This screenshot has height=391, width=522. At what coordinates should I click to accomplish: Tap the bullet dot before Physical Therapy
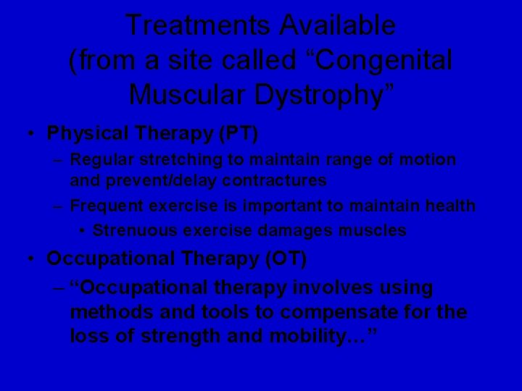tap(26, 134)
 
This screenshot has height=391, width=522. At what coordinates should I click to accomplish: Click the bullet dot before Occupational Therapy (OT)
tap(26, 258)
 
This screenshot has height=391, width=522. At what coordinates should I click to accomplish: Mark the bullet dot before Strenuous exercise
tap(83, 231)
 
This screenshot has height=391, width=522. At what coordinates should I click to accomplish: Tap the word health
tap(450, 206)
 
